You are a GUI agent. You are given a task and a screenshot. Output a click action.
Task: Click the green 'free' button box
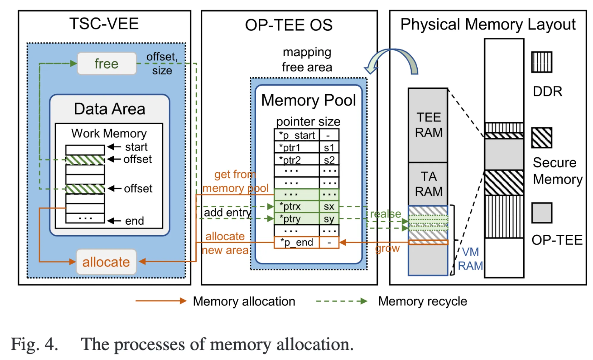coord(107,63)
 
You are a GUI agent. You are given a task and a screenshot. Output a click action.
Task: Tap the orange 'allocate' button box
coord(106,262)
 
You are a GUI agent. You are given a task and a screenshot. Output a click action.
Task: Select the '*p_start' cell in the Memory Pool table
coord(296,135)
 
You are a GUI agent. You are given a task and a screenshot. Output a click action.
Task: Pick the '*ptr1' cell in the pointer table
coord(296,148)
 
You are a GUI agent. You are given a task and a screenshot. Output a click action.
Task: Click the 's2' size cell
coord(329,160)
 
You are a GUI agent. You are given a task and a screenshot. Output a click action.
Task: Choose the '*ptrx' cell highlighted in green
coord(296,206)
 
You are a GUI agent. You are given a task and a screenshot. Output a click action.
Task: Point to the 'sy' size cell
coord(329,219)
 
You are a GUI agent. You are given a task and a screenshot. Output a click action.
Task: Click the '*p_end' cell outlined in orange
coord(296,242)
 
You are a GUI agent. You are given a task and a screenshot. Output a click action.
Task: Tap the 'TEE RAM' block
coord(428,125)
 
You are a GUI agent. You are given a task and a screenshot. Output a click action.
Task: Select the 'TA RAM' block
coord(428,184)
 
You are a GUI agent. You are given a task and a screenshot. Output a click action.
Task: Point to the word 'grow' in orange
coord(387,248)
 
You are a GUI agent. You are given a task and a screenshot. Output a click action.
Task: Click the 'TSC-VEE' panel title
coord(104,24)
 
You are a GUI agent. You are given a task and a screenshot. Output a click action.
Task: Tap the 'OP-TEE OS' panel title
coord(289,25)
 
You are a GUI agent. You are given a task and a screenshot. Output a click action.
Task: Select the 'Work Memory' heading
coord(109,133)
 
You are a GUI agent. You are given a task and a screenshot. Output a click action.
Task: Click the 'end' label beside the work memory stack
coord(135,221)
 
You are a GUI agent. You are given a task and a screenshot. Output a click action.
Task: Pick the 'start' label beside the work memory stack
coord(136,147)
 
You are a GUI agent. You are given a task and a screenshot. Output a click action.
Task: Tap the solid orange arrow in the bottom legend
coord(161,301)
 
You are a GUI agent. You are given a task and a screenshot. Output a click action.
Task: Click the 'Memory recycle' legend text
coord(422,301)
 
